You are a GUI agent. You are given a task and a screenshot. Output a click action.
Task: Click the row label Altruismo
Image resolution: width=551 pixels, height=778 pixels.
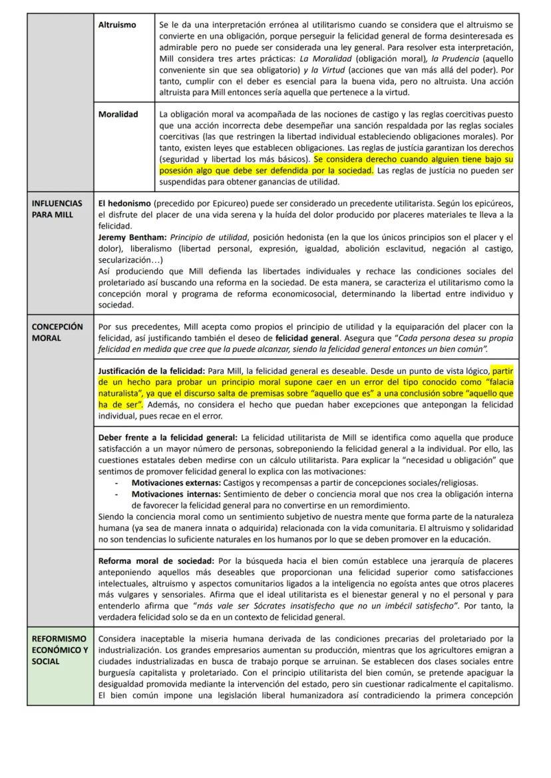[117, 25]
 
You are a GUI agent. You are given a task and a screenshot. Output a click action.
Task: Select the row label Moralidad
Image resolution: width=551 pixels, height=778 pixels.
[118, 114]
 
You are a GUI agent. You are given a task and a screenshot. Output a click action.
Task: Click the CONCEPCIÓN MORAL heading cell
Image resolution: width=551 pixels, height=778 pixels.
[57, 332]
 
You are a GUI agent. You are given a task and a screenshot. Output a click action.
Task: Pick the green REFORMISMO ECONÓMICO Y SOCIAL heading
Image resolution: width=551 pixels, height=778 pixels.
[59, 650]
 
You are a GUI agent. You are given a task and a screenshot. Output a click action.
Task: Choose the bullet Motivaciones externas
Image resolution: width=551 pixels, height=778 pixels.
[176, 483]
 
